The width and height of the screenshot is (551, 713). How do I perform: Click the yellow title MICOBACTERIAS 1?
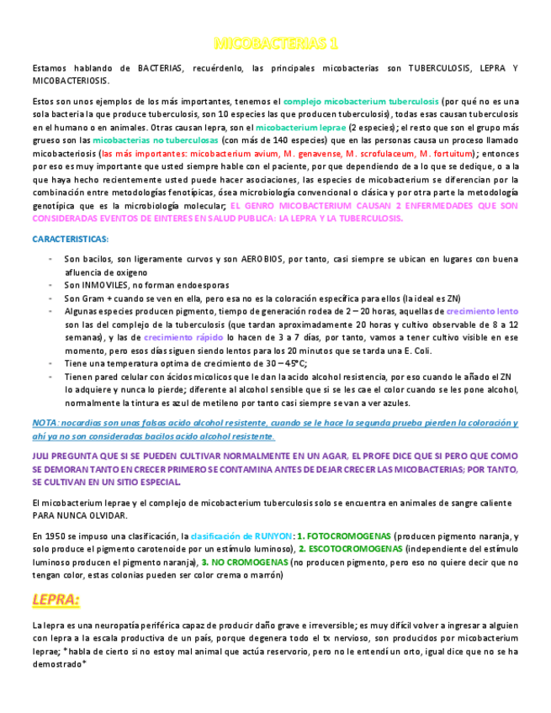pos(276,43)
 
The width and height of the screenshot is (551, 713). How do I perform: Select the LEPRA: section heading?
pos(56,599)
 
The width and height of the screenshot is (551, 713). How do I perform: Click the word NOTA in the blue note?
pos(45,423)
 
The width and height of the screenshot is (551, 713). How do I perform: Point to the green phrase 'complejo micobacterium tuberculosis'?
pos(360,100)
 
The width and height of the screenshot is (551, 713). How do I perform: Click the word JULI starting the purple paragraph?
pos(43,456)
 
